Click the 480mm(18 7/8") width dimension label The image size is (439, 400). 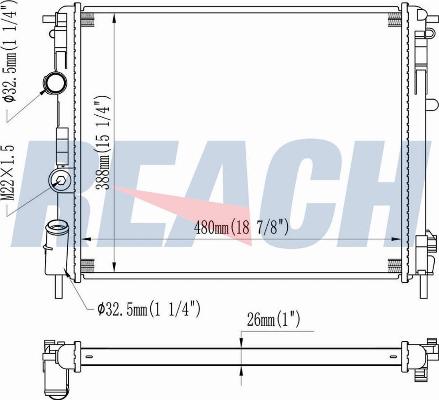241,227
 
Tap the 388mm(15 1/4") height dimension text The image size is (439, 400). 103,142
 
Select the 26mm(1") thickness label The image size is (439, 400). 273,320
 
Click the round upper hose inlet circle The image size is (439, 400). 55,82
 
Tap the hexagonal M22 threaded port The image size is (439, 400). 60,180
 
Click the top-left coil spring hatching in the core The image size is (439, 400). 88,20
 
